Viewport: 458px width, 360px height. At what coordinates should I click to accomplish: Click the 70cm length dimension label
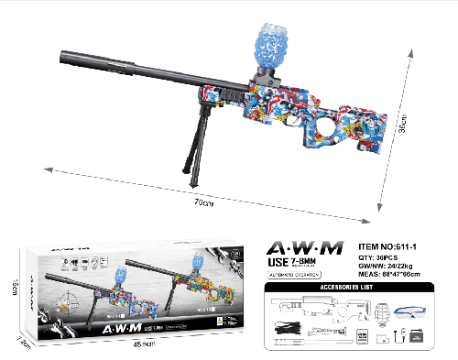[203, 202]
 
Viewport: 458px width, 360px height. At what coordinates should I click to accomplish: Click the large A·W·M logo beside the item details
[304, 247]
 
